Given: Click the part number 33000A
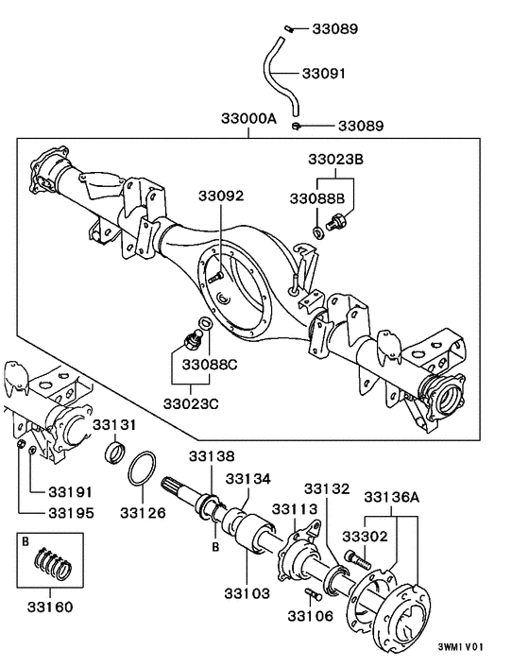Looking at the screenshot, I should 249,121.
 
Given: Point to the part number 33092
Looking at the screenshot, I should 221,196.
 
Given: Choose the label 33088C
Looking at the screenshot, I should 210,364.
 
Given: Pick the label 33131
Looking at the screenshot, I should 115,424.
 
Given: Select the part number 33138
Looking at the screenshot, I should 210,456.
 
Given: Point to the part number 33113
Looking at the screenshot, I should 295,510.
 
